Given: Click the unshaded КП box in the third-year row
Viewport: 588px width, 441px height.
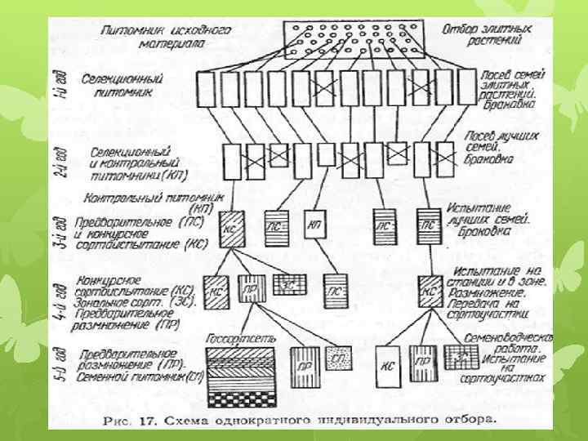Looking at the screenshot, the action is pyautogui.click(x=314, y=226).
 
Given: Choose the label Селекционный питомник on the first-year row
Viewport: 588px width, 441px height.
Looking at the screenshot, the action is pyautogui.click(x=122, y=86).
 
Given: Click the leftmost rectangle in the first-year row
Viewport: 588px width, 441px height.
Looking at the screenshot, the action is pyautogui.click(x=204, y=89).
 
